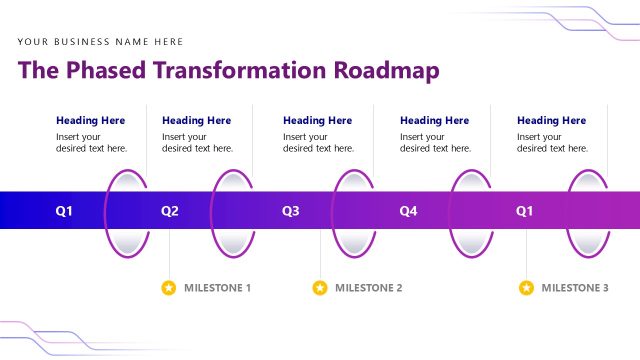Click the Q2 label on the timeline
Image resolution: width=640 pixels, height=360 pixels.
pos(170,211)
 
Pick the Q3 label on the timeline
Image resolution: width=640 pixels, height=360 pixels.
pos(291,211)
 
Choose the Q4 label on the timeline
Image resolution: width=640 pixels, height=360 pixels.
pos(408,211)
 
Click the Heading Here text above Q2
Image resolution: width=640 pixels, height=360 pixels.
pos(196,120)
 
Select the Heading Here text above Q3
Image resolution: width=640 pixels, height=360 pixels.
pos(317,120)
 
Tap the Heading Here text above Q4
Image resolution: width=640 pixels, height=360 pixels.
pos(434,120)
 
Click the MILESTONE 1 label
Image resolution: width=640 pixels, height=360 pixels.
pos(217,288)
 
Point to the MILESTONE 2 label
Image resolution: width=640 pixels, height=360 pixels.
pos(368,288)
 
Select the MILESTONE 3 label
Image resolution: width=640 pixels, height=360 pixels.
pos(575,288)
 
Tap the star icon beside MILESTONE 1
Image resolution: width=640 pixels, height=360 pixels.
pos(169,288)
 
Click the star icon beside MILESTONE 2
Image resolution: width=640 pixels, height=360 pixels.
pos(320,288)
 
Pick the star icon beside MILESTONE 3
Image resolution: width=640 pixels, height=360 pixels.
pos(526,288)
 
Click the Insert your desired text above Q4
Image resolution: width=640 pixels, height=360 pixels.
pos(435,142)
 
